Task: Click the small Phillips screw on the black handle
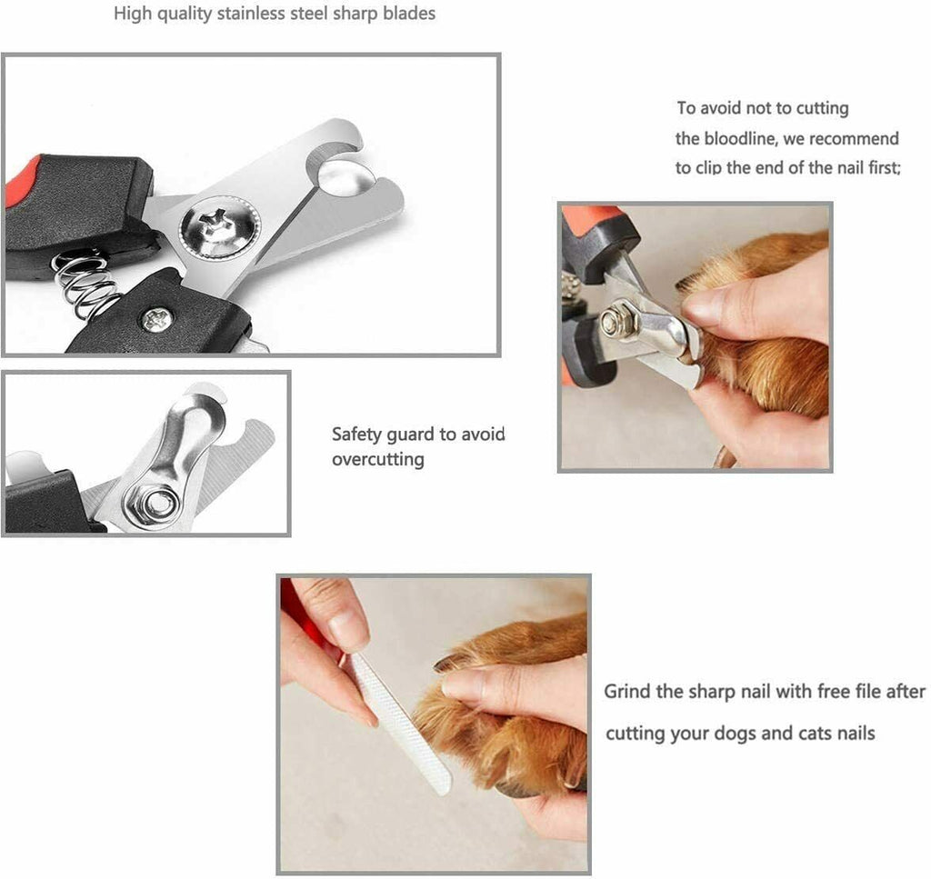[156, 319]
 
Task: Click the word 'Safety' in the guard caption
[356, 434]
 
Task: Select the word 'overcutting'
[377, 459]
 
